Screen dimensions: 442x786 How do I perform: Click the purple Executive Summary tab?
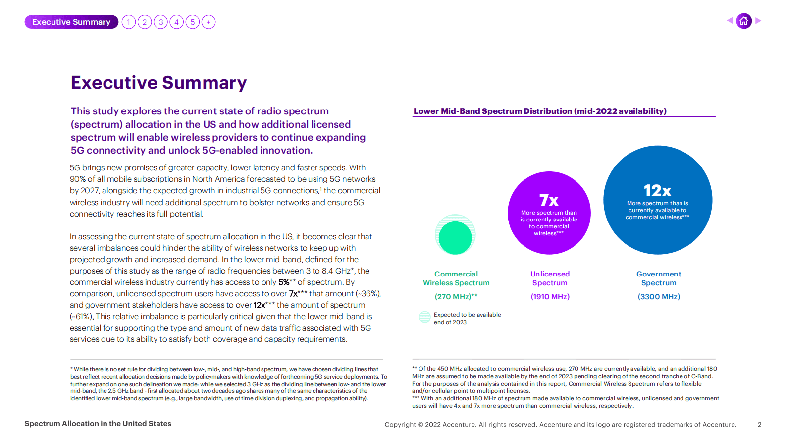[x=71, y=22]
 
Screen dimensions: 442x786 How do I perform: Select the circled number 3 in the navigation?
[x=160, y=22]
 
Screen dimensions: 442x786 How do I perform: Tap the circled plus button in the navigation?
[x=209, y=22]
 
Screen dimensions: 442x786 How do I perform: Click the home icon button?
[x=743, y=21]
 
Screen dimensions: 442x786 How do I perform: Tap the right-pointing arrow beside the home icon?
[x=758, y=21]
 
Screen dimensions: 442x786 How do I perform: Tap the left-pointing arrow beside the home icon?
[x=730, y=21]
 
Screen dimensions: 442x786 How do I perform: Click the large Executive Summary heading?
[x=158, y=83]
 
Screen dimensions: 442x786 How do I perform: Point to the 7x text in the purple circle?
[x=549, y=200]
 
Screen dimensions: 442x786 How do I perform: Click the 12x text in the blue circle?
[x=657, y=190]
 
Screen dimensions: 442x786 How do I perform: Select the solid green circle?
[x=455, y=238]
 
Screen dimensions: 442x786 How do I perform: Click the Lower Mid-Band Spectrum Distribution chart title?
[x=540, y=111]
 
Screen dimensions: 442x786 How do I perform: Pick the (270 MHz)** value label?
[x=456, y=297]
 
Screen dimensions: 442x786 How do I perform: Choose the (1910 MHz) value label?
[x=550, y=297]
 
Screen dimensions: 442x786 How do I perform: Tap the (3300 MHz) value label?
[x=659, y=297]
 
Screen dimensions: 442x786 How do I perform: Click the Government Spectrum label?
[x=659, y=278]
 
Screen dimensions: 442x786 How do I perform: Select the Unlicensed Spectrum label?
[x=550, y=278]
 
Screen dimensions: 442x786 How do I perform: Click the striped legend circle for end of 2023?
[x=425, y=317]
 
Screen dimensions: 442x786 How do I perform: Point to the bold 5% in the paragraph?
[x=284, y=282]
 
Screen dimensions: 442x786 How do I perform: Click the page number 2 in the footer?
[x=759, y=425]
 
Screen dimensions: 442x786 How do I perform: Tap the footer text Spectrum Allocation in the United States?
[x=98, y=424]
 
